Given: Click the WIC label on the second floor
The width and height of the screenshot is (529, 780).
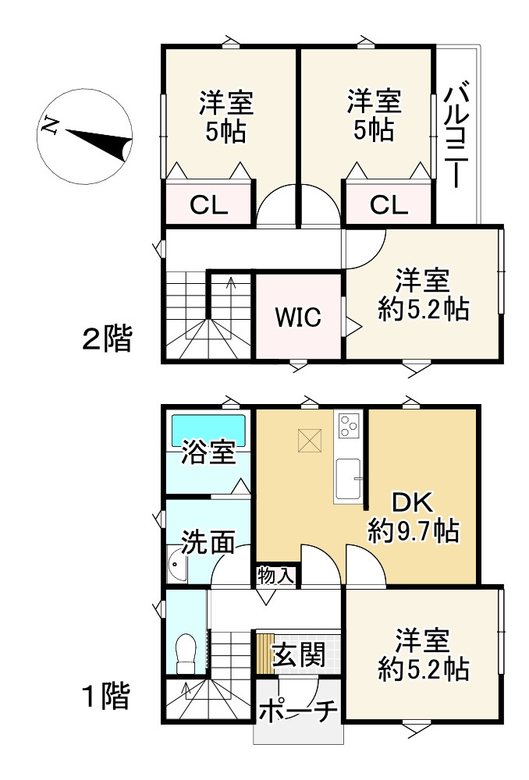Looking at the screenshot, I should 297,318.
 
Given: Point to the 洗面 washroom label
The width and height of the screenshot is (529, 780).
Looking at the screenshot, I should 208,541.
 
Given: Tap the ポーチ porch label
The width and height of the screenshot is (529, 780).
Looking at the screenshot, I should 297,711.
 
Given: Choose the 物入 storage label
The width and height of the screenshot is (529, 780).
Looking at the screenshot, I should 275,576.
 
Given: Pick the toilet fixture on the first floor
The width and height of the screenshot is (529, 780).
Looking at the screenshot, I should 186,653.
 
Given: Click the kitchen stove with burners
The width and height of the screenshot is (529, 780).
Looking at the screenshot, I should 346,426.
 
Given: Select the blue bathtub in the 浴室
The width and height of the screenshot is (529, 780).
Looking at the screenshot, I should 208,428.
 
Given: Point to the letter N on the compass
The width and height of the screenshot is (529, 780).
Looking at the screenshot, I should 51,126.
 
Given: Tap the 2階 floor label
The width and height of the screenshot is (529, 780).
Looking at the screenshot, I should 107,339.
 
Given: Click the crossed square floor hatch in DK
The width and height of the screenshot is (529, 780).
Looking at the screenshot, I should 310,441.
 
